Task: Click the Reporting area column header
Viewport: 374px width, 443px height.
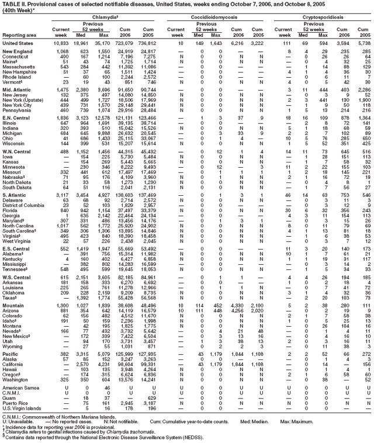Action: click(18, 35)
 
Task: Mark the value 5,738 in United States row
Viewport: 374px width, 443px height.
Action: click(363, 43)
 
